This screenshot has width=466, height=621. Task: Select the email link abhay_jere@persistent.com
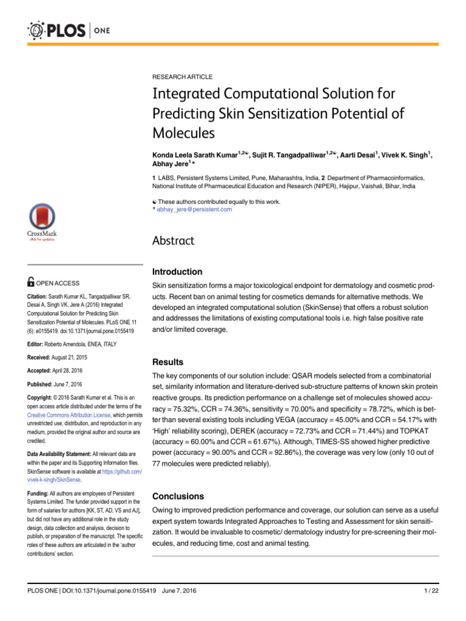click(194, 209)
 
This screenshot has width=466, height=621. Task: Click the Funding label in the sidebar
click(38, 494)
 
